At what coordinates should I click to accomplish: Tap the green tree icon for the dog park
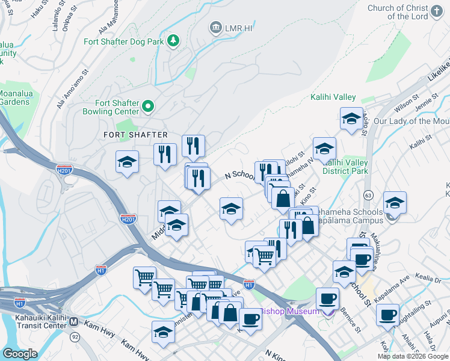(173, 40)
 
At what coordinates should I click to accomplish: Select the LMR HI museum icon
(215, 27)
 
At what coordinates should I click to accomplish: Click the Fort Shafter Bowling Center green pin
(148, 107)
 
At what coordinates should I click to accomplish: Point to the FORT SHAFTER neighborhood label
(135, 135)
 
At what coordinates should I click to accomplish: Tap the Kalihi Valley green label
(333, 97)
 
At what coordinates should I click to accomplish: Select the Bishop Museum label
(289, 311)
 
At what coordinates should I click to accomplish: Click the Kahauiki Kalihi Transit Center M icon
(74, 321)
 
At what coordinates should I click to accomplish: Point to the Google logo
(20, 354)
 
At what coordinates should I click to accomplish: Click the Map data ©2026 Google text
(412, 356)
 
